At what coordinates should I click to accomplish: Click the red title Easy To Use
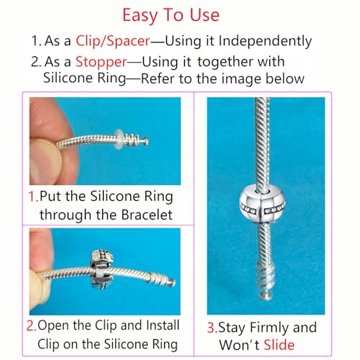tap(180, 14)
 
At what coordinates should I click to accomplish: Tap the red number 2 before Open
tap(32, 325)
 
